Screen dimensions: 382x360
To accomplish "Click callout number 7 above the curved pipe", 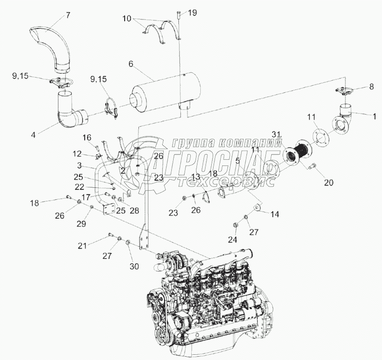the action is pyautogui.click(x=68, y=15).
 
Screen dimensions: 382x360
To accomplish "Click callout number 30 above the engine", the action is pyautogui.click(x=135, y=266).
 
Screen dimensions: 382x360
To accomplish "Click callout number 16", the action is pyautogui.click(x=86, y=137).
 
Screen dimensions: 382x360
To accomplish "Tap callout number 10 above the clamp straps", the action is pyautogui.click(x=127, y=19).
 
